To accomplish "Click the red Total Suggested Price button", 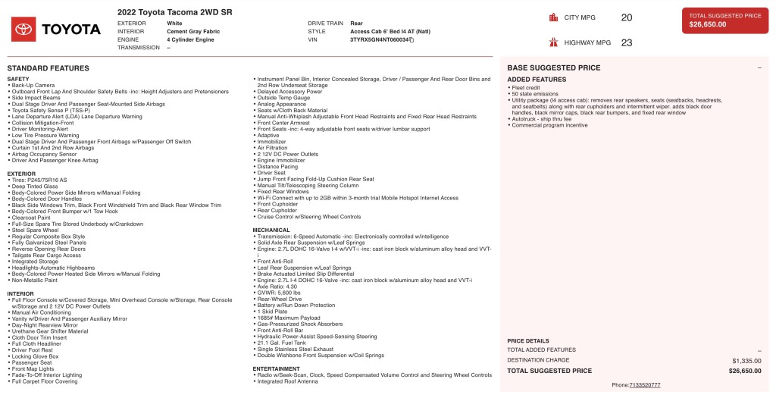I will point(724,20).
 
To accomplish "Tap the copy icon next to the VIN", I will point(411,39).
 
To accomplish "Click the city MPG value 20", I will point(626,17).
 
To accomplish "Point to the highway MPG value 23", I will point(626,42).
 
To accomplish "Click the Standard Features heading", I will point(48,68).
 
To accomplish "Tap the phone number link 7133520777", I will point(644,385).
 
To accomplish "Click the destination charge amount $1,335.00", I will point(746,361).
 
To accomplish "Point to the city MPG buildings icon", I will point(553,17).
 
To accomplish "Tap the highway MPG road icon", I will point(553,42).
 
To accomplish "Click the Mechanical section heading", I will point(271,230).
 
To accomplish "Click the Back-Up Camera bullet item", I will point(33,86).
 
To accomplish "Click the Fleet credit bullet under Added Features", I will point(524,87).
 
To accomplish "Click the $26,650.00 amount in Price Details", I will point(745,371).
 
